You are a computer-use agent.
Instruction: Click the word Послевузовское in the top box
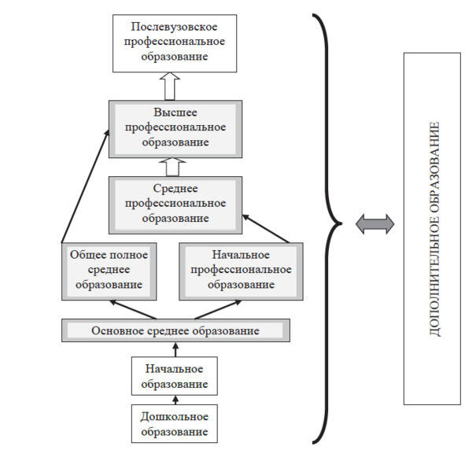pos(174,27)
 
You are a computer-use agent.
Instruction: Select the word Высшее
pos(175,112)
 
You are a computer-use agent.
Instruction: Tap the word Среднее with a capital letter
pos(175,189)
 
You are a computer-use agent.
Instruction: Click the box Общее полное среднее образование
pos(109,271)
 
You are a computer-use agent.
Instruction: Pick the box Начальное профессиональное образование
pos(241,271)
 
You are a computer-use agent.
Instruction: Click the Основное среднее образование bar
pos(175,330)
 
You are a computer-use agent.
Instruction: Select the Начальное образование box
pos(175,376)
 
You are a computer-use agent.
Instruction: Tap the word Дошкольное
pos(175,417)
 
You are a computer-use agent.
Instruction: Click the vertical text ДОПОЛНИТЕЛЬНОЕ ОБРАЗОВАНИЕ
pos(434,229)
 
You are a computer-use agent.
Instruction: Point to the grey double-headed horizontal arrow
pos(375,224)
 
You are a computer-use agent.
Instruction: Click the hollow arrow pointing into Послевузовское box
pos(170,86)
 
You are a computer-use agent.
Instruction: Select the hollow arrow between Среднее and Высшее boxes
pos(172,167)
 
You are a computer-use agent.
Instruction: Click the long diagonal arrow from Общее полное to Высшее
pos(85,186)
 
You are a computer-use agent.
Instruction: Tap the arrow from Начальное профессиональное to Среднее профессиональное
pos(266,229)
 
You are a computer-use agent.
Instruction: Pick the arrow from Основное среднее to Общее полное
pos(133,310)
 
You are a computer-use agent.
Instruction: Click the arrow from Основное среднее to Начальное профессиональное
pos(218,310)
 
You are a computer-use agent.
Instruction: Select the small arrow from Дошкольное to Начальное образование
pos(175,400)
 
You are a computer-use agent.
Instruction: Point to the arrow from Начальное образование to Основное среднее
pos(175,349)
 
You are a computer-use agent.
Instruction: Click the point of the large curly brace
pos(341,223)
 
